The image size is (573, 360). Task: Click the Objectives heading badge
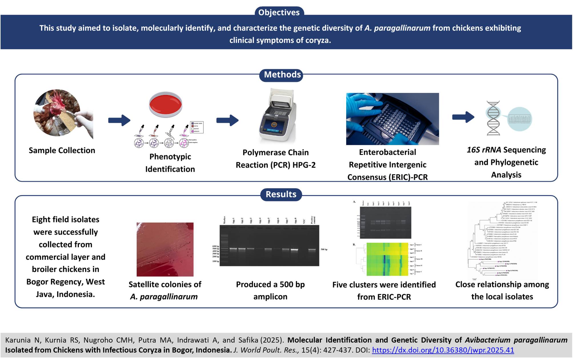pos(279,12)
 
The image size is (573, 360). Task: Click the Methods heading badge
pos(282,75)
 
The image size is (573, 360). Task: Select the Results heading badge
pos(281,194)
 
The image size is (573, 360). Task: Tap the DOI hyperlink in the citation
pos(443,350)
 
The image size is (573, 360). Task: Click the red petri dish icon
pos(165,105)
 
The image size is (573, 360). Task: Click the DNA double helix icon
pos(493,118)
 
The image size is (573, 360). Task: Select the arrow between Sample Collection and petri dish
pos(119,120)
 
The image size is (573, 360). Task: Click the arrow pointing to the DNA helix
pos(463,117)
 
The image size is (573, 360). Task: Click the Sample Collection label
pos(62,151)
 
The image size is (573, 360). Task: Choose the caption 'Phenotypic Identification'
pos(170,163)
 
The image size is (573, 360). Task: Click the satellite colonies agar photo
pos(165,249)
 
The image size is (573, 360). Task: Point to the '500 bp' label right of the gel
pos(324,249)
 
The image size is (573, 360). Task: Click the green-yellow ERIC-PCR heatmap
pos(387,259)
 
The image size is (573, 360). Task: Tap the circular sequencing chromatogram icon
pos(520,119)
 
